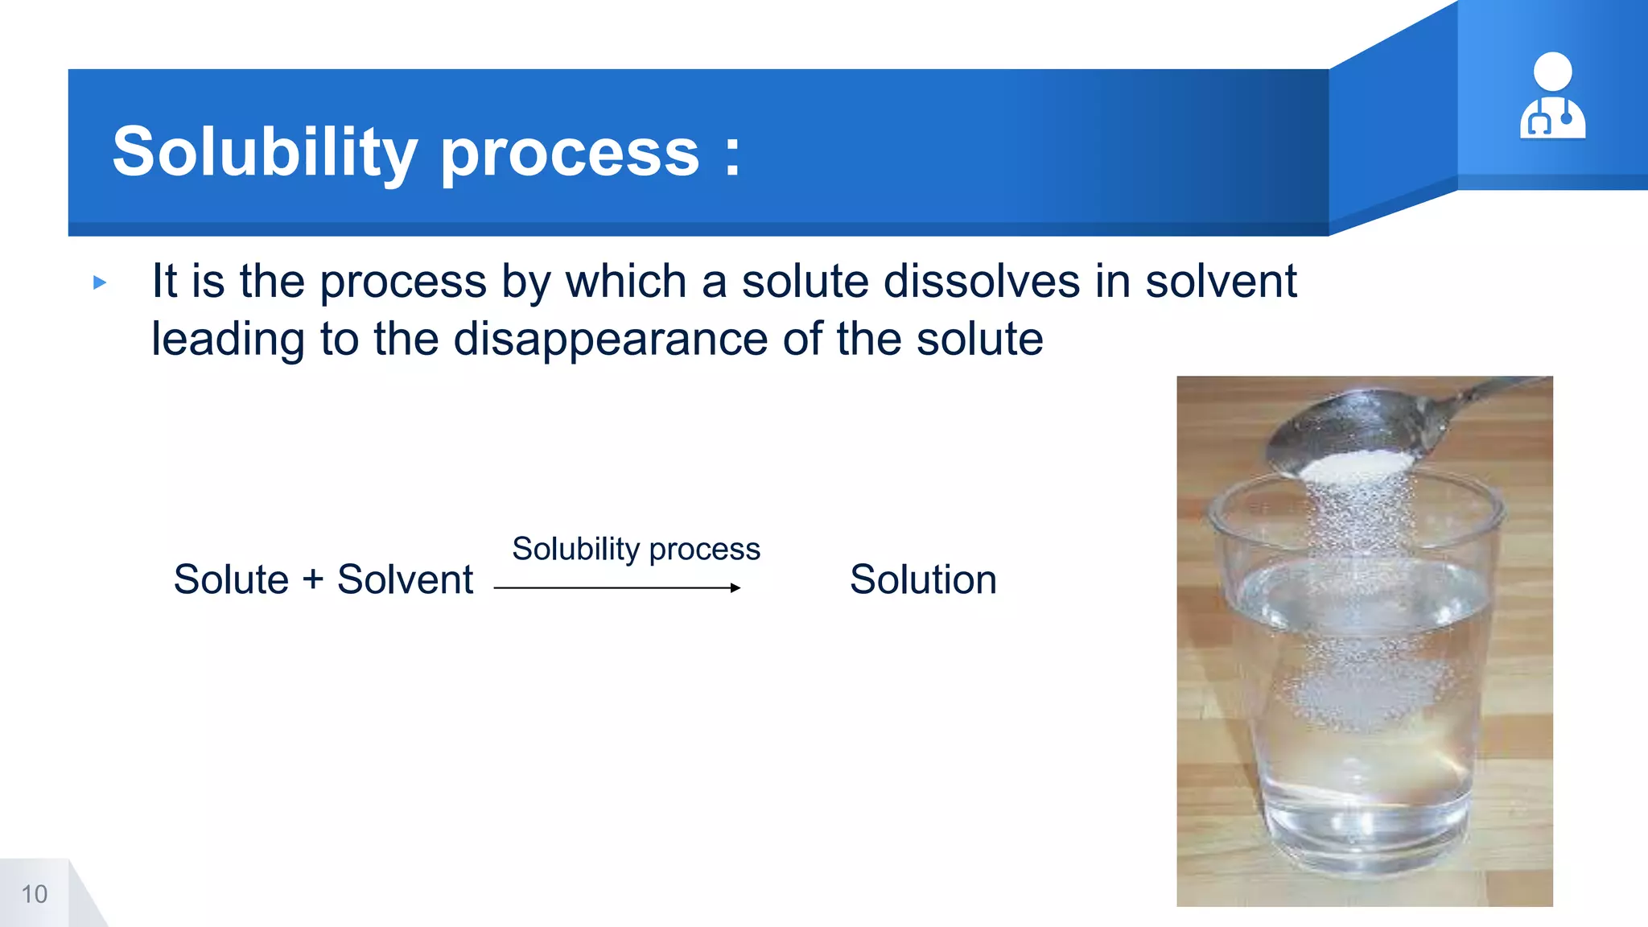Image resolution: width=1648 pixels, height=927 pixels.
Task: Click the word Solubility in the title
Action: pos(264,152)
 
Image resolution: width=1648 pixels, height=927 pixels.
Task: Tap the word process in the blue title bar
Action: pos(570,154)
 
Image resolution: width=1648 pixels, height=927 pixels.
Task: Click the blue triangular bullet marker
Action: pos(100,282)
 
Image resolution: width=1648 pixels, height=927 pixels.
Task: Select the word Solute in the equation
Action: pos(231,579)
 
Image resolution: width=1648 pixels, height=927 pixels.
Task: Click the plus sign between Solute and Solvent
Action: pos(313,580)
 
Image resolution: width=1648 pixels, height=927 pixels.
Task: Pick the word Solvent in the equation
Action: pos(405,579)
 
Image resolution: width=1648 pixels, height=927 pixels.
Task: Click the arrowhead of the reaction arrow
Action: pos(735,588)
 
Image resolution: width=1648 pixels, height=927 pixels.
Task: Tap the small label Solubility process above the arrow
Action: pos(636,549)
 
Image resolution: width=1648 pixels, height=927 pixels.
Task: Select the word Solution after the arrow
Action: pos(923,579)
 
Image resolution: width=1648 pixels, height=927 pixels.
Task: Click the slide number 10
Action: pos(34,894)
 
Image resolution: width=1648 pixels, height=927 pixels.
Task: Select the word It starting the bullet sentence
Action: pos(164,282)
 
